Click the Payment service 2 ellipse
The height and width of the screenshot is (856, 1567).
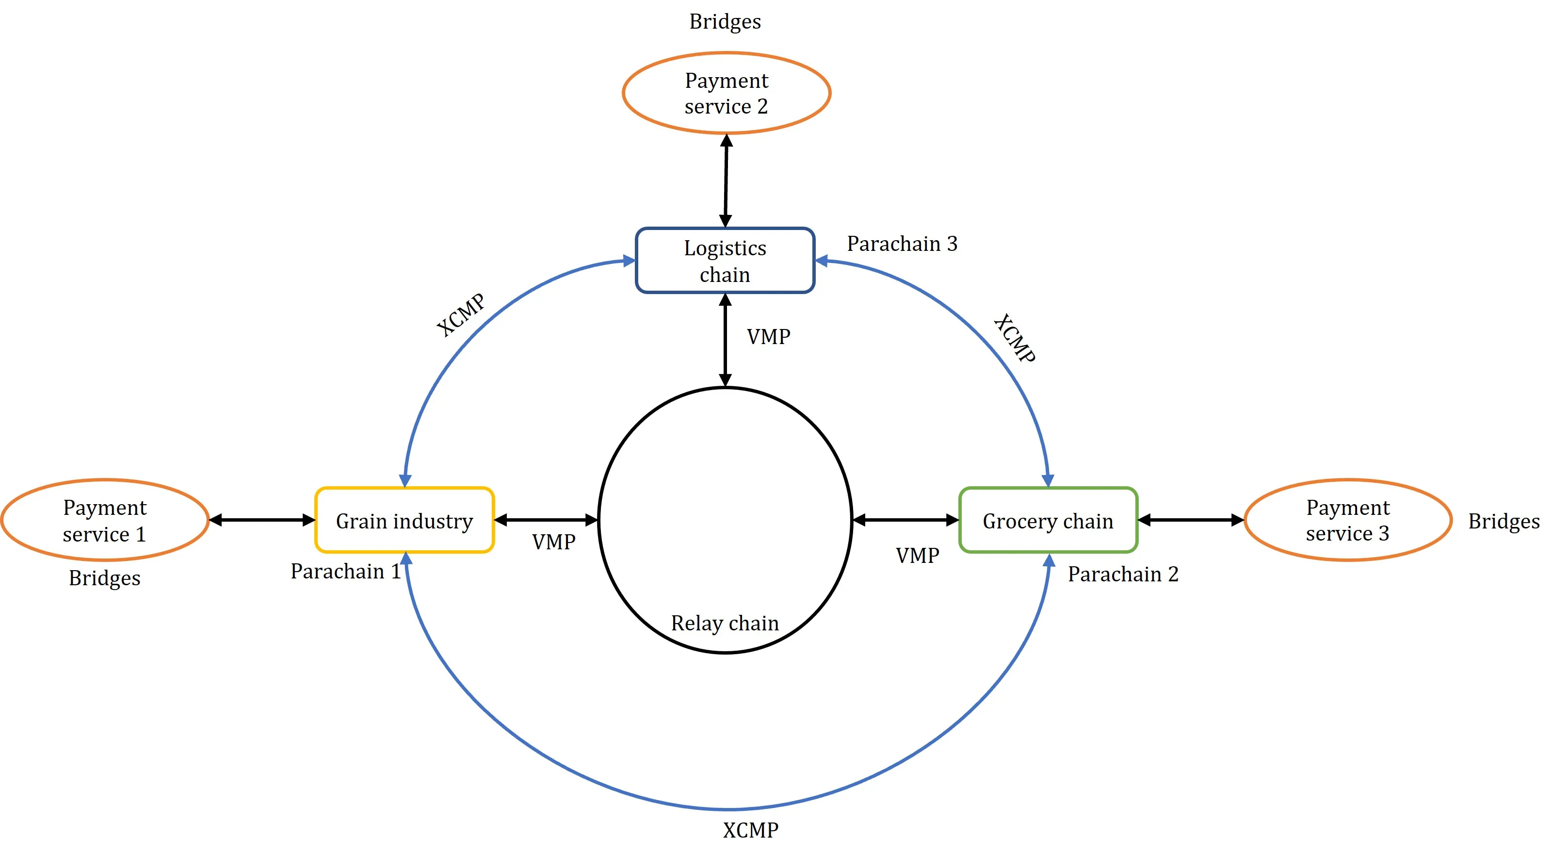click(x=727, y=93)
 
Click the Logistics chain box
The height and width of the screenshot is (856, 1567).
click(x=725, y=261)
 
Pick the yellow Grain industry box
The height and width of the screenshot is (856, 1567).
click(x=404, y=521)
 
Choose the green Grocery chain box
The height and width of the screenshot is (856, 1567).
click(x=1048, y=521)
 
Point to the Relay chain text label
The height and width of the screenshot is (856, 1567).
click(x=725, y=623)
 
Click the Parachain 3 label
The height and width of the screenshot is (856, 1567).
click(x=902, y=244)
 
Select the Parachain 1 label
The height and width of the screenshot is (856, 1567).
click(x=345, y=571)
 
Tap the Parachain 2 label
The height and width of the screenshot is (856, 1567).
click(x=1123, y=574)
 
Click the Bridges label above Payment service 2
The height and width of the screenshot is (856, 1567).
click(x=725, y=21)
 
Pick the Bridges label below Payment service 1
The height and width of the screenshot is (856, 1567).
click(x=105, y=578)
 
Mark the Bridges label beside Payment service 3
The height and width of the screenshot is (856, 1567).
click(x=1504, y=521)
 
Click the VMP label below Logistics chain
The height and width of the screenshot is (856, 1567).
click(x=768, y=337)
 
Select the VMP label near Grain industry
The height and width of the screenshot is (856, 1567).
click(x=553, y=542)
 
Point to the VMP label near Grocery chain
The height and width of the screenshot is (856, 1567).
click(x=917, y=555)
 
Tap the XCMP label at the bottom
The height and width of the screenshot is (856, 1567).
click(x=750, y=830)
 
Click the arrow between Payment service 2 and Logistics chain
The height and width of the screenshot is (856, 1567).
click(x=726, y=180)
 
